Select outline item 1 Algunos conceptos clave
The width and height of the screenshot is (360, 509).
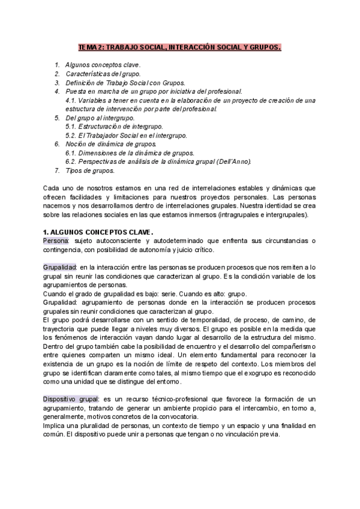coord(103,64)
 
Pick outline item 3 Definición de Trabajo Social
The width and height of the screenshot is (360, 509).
coord(125,82)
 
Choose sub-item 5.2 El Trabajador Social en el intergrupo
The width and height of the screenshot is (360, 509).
coord(126,136)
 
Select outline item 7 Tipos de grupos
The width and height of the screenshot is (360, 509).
coord(89,171)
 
